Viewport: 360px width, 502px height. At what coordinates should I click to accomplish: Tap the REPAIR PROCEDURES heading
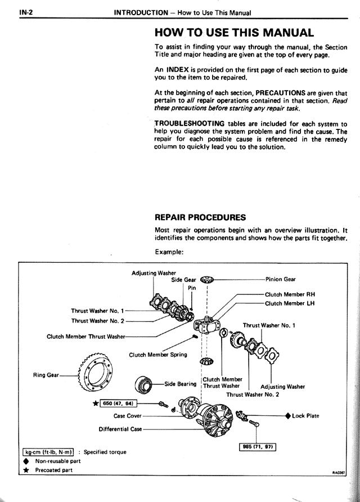(200, 217)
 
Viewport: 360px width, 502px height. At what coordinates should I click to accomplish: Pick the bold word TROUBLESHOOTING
(190, 124)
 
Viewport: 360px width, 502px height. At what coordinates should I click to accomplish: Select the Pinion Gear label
(281, 279)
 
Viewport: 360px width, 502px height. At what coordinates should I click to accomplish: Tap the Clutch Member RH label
(290, 294)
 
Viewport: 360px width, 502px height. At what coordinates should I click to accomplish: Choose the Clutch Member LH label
(290, 304)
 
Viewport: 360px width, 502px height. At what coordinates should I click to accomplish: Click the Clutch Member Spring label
(158, 355)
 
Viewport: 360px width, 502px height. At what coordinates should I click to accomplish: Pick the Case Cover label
(128, 416)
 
